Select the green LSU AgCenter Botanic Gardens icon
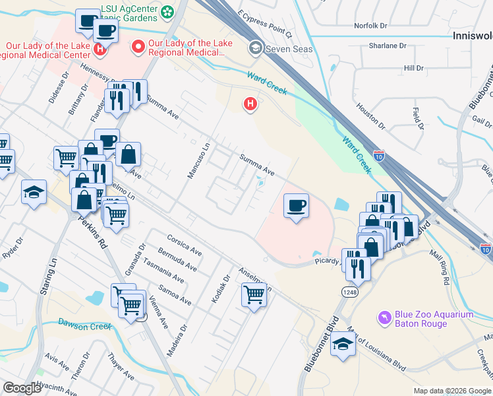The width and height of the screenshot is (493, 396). pos(167,11)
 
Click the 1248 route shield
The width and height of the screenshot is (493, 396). pos(349,291)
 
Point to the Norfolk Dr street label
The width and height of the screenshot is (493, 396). pos(372,26)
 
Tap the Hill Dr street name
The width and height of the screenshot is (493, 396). pos(413,68)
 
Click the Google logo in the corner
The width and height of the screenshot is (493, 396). pos(22,388)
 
